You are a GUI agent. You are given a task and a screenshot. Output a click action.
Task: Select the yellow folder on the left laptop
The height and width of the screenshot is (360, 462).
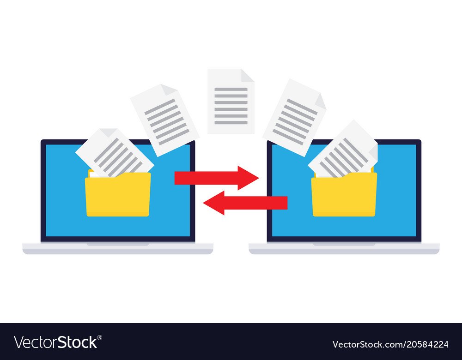click(x=118, y=196)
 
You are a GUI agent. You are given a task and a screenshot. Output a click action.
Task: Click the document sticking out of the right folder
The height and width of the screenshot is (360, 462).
click(x=344, y=150)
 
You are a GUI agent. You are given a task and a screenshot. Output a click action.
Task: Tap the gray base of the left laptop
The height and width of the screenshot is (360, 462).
click(x=118, y=249)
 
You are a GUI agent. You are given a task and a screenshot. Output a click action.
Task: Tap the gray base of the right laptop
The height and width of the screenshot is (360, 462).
click(x=344, y=249)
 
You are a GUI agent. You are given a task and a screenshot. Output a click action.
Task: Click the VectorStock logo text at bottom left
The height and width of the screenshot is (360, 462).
click(x=55, y=342)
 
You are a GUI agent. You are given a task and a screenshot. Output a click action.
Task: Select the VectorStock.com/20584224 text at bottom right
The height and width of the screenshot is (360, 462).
click(x=390, y=344)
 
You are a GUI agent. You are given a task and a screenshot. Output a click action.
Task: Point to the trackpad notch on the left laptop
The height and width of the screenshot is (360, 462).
click(x=118, y=244)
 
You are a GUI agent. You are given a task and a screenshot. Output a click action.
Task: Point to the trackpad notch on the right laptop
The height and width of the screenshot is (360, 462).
click(x=344, y=244)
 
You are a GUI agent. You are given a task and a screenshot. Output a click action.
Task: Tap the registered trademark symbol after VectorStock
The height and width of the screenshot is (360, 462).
click(x=99, y=337)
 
